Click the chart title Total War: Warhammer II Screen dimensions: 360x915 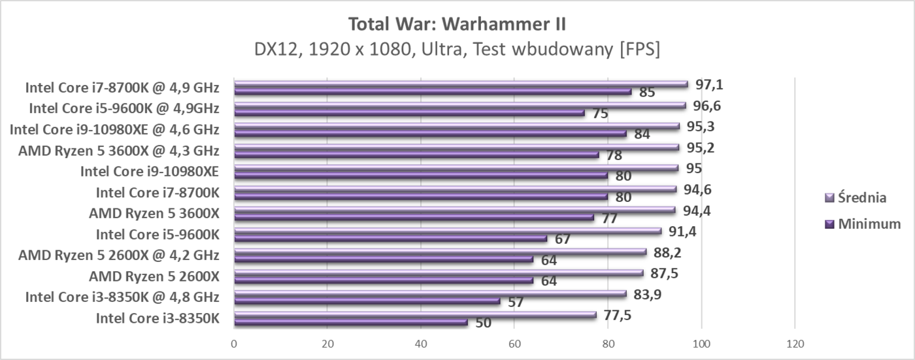(x=457, y=24)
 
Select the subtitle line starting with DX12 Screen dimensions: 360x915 (x=457, y=50)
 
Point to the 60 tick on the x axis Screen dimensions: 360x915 (x=514, y=343)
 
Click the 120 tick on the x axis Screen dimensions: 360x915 (x=795, y=343)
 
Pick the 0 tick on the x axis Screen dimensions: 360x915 (x=234, y=343)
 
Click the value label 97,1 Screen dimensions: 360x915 (x=708, y=84)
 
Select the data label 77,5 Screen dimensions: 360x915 (x=617, y=315)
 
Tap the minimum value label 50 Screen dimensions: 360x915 (x=483, y=323)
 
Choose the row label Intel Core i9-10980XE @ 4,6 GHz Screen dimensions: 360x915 (x=114, y=129)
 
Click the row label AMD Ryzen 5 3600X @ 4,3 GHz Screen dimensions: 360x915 (x=118, y=151)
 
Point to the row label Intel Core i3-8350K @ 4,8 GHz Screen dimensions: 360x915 (x=122, y=297)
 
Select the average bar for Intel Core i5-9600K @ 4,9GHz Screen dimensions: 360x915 (x=459, y=105)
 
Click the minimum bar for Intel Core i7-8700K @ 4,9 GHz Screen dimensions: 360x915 (x=433, y=91)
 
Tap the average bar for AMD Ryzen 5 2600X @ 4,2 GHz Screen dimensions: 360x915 (x=440, y=252)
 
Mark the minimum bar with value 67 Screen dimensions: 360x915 (x=390, y=238)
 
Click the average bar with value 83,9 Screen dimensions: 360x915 (x=430, y=293)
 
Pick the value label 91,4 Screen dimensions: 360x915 (x=682, y=231)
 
